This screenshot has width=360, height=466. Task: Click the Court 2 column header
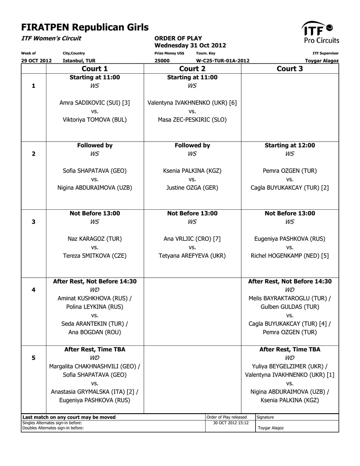(x=192, y=69)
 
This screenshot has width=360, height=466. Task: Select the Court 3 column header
(x=289, y=69)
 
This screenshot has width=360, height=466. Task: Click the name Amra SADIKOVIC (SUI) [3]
(x=95, y=103)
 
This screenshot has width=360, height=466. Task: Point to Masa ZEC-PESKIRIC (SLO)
(x=192, y=120)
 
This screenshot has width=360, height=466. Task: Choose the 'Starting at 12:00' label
(x=289, y=145)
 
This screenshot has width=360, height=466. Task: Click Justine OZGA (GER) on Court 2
(x=192, y=187)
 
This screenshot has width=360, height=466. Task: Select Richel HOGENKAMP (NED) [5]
(x=289, y=256)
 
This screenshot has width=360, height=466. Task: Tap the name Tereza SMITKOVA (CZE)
(x=95, y=256)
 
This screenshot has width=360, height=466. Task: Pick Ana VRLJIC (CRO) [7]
(x=192, y=238)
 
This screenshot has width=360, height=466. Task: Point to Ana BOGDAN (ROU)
(x=95, y=332)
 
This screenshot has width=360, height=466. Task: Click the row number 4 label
(x=33, y=289)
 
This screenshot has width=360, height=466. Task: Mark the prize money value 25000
(x=162, y=61)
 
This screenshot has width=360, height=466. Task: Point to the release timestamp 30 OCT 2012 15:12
(x=231, y=423)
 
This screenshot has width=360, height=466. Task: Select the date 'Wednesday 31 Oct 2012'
(x=190, y=46)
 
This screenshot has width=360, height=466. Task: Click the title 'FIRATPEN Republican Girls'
(x=85, y=27)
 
